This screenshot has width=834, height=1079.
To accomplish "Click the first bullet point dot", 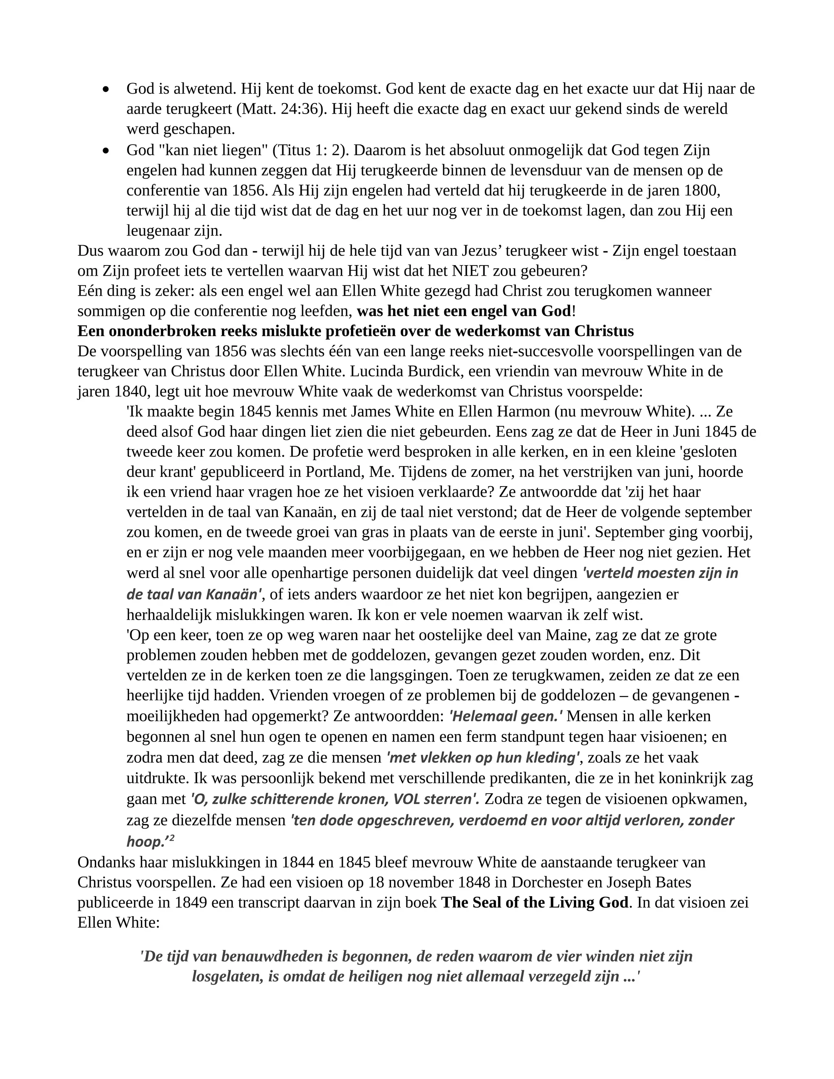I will click(x=105, y=90).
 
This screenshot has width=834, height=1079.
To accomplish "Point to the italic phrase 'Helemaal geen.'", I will click(x=505, y=716).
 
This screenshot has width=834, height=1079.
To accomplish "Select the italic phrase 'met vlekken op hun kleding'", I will click(x=483, y=757).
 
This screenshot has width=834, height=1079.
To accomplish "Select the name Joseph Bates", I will click(x=645, y=882).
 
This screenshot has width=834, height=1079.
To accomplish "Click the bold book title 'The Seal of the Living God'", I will click(x=535, y=902).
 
